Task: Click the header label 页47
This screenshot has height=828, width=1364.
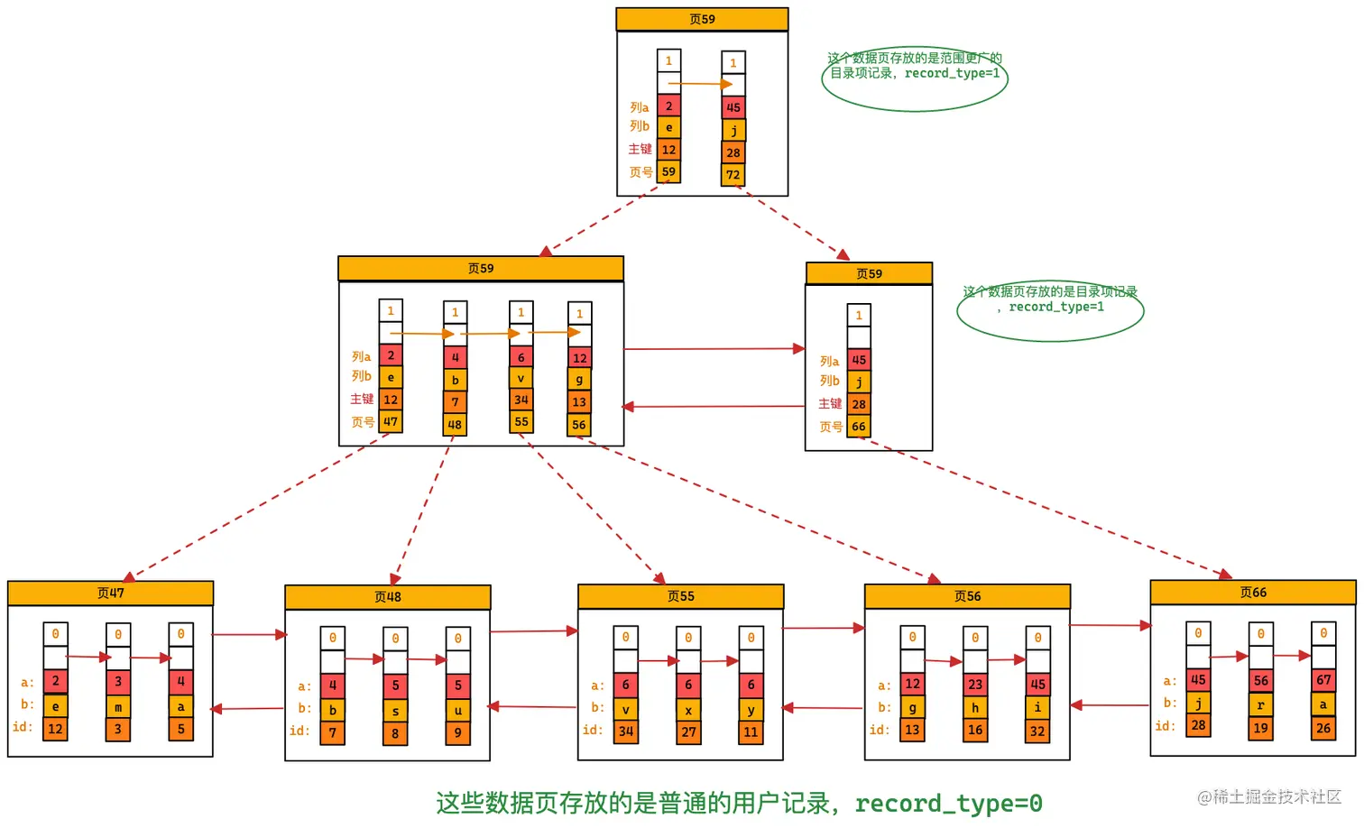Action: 110,593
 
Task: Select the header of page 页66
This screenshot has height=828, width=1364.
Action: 1252,593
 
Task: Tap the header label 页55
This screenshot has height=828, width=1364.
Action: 680,596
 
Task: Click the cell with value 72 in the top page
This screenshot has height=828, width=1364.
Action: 733,175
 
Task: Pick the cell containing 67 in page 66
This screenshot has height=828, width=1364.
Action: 1323,680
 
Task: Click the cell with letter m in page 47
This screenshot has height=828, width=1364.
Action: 118,707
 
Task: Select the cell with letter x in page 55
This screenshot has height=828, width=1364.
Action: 688,710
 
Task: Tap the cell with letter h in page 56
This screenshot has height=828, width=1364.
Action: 975,708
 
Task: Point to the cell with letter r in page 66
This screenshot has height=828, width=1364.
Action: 1260,704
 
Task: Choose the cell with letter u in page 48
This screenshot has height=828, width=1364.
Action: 458,710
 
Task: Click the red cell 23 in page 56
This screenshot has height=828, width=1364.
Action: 975,685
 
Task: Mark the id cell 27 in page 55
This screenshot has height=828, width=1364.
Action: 688,732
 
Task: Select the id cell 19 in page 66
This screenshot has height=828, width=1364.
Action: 1260,728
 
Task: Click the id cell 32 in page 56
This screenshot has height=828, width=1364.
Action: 1037,731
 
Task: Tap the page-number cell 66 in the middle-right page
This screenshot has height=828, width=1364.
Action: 859,427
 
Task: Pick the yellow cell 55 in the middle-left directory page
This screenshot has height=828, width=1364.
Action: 521,421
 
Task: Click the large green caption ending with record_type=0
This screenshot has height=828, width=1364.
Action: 739,803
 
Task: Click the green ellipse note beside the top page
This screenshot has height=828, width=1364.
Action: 914,79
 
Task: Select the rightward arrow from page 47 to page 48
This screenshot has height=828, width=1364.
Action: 249,635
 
